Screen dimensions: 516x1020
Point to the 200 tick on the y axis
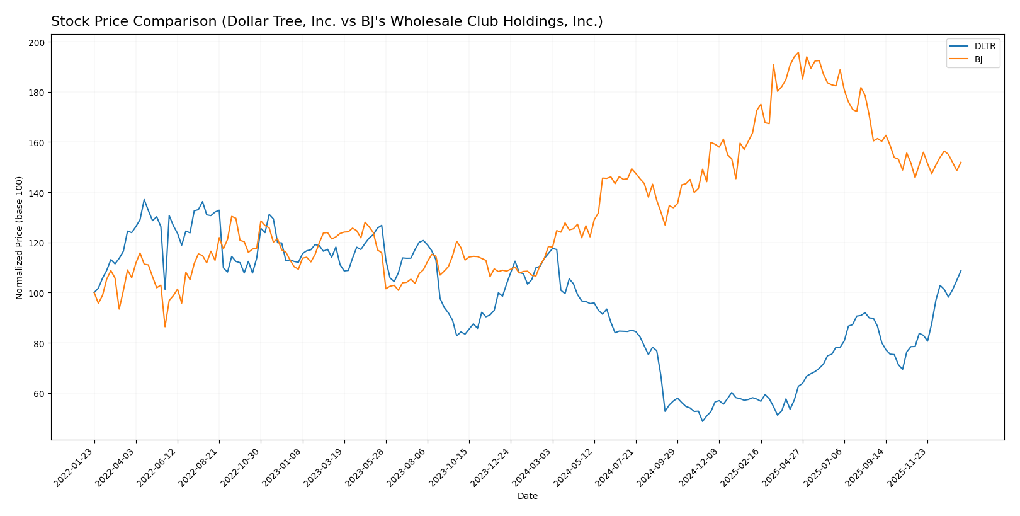point(37,42)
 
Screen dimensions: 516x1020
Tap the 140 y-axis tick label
point(37,193)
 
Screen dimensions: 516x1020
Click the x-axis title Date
point(527,496)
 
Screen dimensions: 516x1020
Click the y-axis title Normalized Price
point(20,238)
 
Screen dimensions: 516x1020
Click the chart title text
point(327,22)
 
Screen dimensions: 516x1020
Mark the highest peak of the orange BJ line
point(798,52)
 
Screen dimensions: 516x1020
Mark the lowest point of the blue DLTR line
point(703,421)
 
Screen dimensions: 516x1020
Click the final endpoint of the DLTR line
point(961,271)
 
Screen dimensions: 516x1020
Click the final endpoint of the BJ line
point(961,162)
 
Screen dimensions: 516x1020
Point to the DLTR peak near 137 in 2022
point(144,200)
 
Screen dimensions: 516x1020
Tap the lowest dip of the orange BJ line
point(165,326)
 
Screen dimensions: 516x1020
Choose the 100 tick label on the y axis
point(37,293)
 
